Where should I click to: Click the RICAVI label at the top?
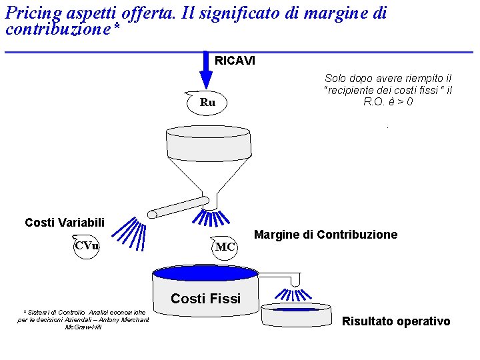tap(235, 61)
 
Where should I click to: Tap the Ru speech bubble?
tap(207, 103)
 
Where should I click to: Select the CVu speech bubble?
tap(87, 246)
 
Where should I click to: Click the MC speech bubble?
tap(224, 246)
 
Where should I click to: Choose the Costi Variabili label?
tap(65, 222)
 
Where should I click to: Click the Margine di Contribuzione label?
tap(325, 235)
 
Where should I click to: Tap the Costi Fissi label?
tap(205, 299)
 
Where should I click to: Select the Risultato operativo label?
tap(396, 321)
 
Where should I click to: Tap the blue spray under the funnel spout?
tap(212, 219)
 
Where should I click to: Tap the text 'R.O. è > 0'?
tap(388, 102)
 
